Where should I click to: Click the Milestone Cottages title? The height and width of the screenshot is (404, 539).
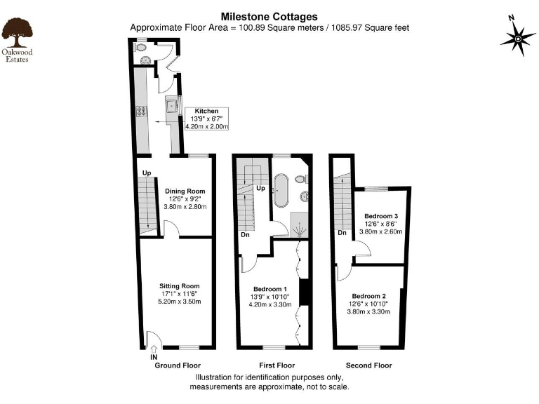coord(269,16)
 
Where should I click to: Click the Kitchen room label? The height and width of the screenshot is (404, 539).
coord(206,111)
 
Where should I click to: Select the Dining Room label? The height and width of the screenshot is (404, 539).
coord(185,191)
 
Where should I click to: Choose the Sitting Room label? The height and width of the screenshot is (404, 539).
coord(180,285)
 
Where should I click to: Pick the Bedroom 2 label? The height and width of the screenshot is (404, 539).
coord(368,295)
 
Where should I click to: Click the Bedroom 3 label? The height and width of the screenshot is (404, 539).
coord(382,215)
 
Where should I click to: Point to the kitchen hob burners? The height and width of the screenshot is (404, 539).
coord(140,110)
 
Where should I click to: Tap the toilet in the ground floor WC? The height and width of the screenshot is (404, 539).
coord(141,48)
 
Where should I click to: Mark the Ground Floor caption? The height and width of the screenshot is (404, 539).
coord(177,365)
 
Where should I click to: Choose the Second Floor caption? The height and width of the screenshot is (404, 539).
coord(369,365)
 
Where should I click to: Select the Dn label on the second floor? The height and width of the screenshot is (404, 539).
coord(342,233)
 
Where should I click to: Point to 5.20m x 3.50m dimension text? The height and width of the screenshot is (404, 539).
coord(180,302)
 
